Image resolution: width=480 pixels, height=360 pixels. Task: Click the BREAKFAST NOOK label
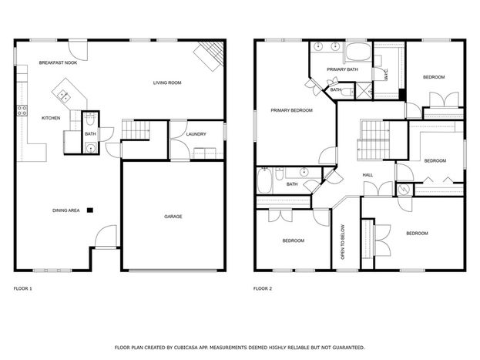(58, 62)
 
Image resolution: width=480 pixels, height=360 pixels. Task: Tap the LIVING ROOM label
(167, 82)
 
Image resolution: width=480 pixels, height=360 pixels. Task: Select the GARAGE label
(173, 217)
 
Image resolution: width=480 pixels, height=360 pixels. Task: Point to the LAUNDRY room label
(196, 134)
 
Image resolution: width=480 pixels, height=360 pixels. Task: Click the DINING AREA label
(66, 210)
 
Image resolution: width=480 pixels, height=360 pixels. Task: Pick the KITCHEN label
(51, 118)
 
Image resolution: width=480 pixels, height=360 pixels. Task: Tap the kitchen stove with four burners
(22, 110)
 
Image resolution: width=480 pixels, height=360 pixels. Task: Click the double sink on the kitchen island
(65, 96)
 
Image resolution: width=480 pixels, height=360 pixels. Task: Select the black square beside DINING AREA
(90, 210)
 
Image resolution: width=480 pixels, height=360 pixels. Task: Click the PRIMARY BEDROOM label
(292, 110)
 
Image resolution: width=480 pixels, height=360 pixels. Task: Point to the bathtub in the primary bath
(358, 52)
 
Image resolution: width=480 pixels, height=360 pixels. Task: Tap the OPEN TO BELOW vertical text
(343, 242)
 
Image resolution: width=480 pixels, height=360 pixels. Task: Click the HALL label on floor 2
(368, 175)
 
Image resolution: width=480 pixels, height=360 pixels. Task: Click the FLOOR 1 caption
(22, 288)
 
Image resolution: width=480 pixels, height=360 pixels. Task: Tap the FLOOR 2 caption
(263, 288)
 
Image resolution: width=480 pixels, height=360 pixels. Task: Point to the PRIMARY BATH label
(342, 69)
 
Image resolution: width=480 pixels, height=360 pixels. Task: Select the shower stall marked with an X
(364, 91)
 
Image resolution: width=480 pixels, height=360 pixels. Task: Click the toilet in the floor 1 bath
(90, 119)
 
